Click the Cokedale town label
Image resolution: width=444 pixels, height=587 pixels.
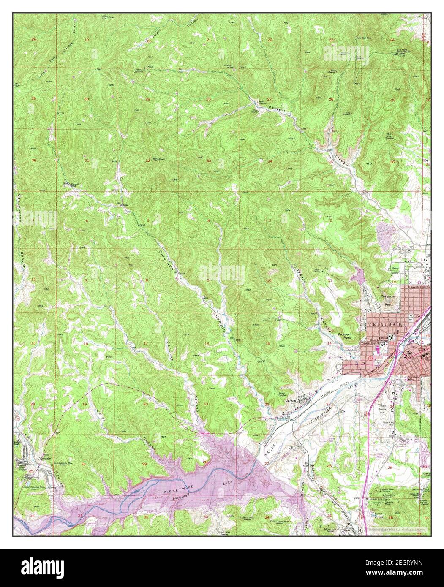tap(32, 457)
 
